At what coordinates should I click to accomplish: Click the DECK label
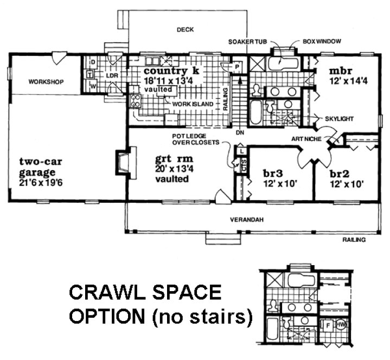pos(185,30)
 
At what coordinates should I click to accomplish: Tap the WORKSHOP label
pos(46,82)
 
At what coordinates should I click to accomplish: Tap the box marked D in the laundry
pos(93,62)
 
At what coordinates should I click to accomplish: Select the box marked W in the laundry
pos(93,85)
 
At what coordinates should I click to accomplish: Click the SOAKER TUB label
pos(245,42)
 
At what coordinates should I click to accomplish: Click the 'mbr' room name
pos(341,70)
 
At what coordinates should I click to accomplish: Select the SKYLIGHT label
pos(339,118)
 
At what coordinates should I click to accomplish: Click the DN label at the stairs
pos(239,132)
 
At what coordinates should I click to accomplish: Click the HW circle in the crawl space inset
pos(341,325)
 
